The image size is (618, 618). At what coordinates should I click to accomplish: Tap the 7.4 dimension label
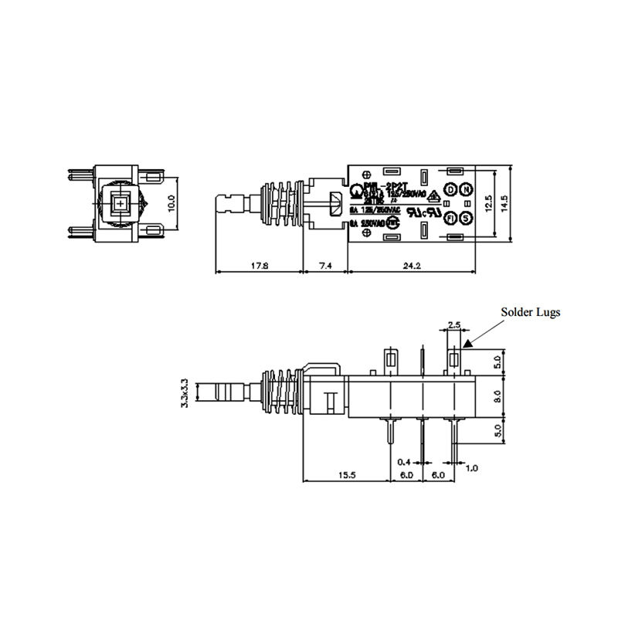coord(324,265)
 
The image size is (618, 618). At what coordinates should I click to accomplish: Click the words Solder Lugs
coord(528,313)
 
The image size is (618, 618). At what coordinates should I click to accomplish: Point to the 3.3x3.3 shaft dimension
coord(184,393)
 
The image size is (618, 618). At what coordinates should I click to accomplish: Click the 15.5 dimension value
coord(346,475)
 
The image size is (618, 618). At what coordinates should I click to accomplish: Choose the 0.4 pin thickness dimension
coord(403,462)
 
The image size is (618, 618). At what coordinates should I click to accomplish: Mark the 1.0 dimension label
coord(472,467)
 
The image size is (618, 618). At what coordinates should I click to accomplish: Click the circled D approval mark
coord(450,190)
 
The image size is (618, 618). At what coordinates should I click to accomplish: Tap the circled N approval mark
coord(466,190)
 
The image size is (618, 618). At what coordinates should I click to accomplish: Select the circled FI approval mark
coord(450,218)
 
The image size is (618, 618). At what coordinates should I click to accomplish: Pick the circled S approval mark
coord(466,218)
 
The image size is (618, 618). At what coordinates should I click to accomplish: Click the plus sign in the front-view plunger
coord(121,203)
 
